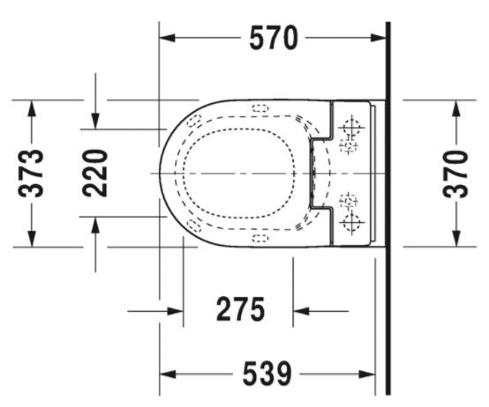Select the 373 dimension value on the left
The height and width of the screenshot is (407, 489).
pos(32,174)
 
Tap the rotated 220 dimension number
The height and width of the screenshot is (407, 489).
pos(96,173)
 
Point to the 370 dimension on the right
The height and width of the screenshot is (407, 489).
pos(456,174)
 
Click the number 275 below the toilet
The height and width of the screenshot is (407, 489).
pos(240,310)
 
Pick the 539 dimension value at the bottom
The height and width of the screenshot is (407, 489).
pos(267,374)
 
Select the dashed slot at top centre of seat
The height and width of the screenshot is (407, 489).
pos(260,108)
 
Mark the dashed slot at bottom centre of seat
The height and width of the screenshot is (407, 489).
pos(260,239)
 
